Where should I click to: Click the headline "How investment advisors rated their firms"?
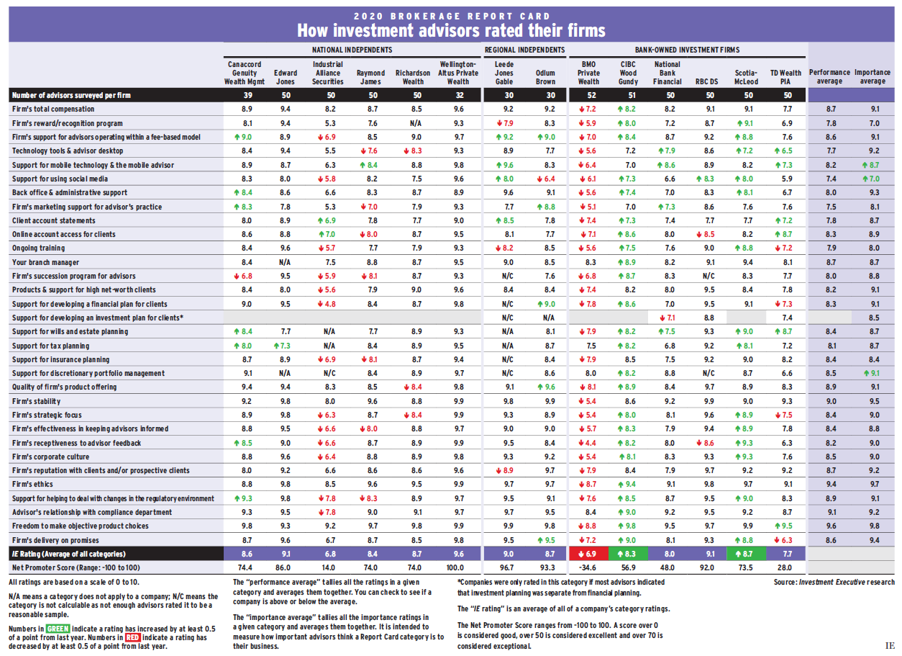451,30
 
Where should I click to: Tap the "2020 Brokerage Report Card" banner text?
451,15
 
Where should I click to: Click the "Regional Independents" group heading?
524,50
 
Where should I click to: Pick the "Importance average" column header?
873,77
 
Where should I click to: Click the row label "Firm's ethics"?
33,485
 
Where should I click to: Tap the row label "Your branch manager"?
45,262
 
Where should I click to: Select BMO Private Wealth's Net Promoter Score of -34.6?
588,568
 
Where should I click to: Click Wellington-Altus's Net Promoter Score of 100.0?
457,568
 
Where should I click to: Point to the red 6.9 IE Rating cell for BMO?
588,554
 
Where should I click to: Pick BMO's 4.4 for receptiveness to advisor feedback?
588,443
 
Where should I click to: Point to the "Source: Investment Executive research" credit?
834,582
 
